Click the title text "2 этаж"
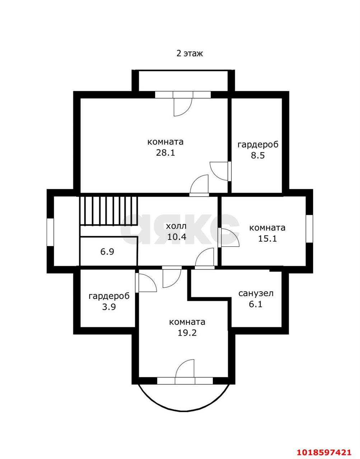[190, 53]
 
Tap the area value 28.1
[165, 152]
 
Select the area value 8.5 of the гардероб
[258, 156]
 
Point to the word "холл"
[176, 226]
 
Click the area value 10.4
[177, 237]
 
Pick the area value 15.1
[267, 239]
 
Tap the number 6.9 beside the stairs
[107, 252]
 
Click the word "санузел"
[256, 293]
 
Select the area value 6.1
[256, 304]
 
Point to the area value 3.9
[109, 307]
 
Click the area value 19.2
[187, 333]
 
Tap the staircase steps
[109, 211]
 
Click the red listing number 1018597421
[324, 451]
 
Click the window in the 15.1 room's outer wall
[309, 229]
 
